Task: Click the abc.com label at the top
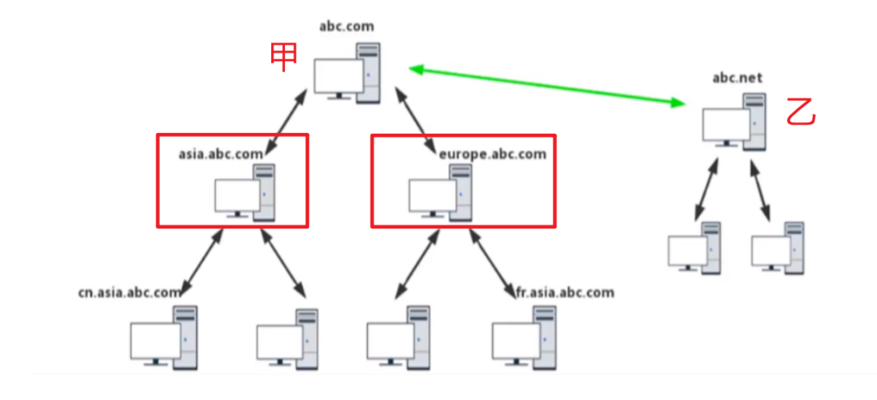coord(347,26)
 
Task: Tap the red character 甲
coord(283,58)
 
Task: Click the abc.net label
coord(737,78)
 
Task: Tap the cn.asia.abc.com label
coord(130,292)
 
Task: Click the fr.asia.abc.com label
coord(564,292)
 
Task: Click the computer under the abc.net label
coord(734,123)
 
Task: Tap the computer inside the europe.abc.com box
coord(439,192)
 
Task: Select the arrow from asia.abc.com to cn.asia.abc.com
coord(201,261)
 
